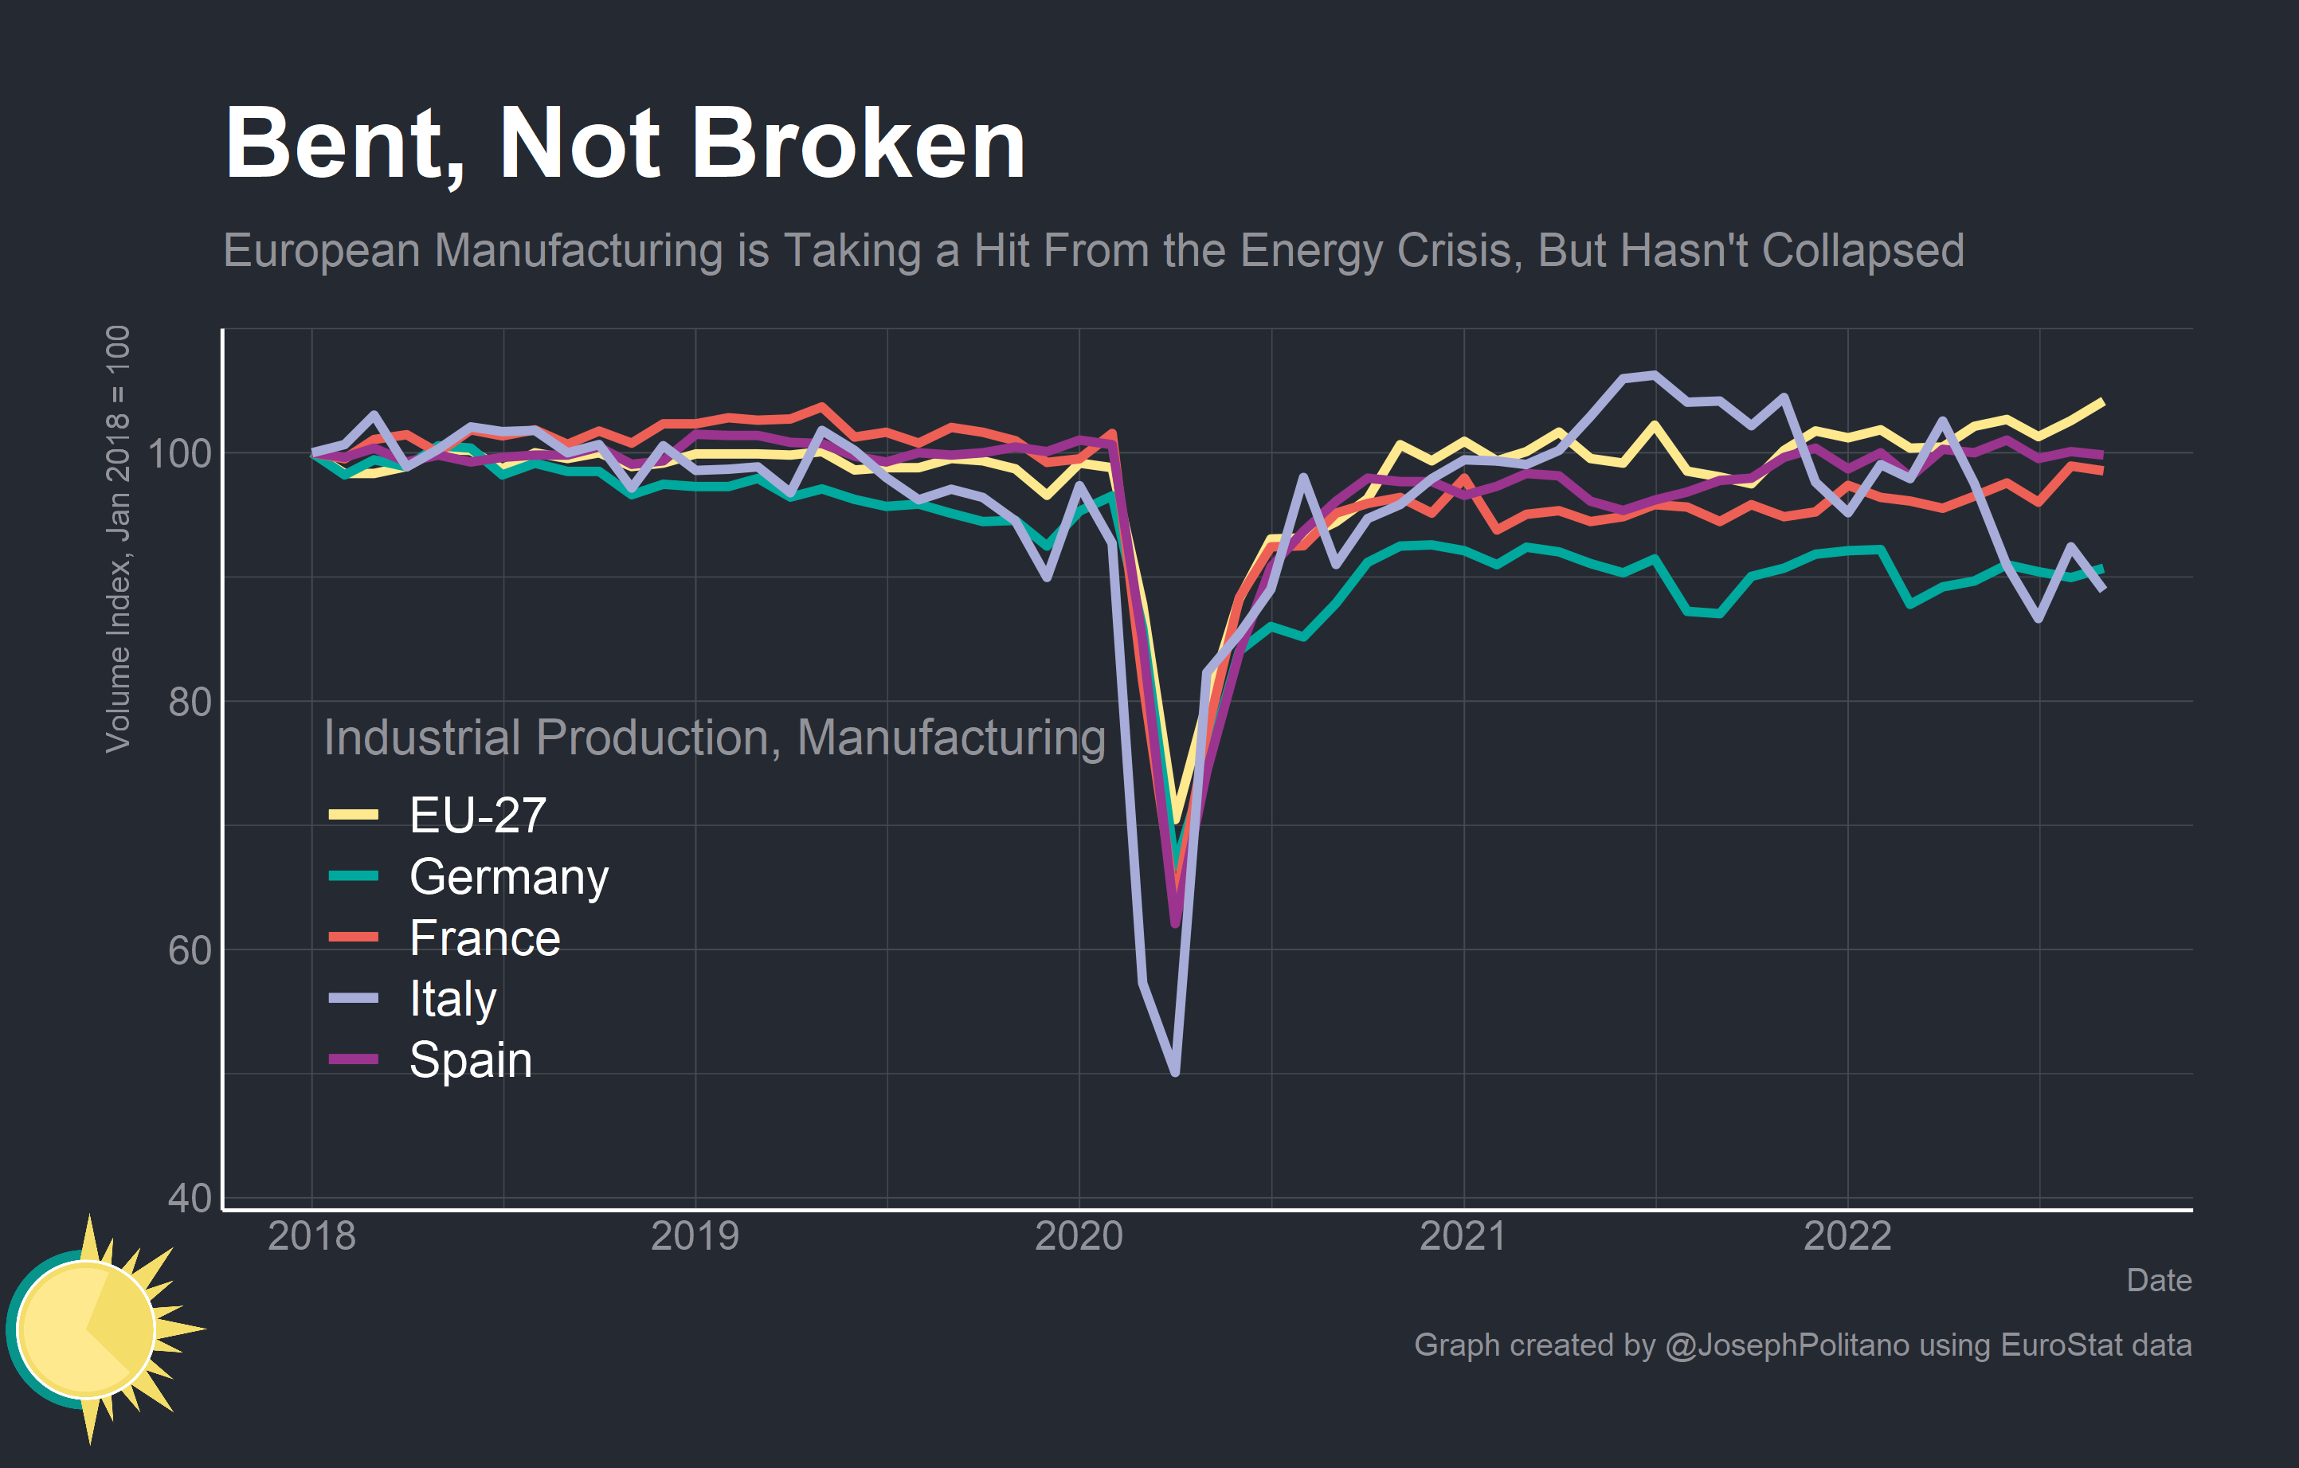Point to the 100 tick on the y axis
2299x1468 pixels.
coord(179,453)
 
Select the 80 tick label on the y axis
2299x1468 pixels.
coord(189,702)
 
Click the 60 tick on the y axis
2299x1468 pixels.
coord(189,951)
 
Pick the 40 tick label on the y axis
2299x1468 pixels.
coord(189,1198)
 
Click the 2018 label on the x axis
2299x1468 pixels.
coord(311,1236)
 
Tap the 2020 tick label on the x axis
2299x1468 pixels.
coord(1079,1236)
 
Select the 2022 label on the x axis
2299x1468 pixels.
coord(1847,1236)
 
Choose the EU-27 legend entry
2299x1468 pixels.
coord(476,815)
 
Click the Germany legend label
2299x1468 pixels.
coord(508,876)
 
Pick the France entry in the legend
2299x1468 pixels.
coord(484,938)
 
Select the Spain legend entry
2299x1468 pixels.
coord(470,1059)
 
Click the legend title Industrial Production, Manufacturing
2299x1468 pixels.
coord(714,738)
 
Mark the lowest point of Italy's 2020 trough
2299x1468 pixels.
coord(1174,1072)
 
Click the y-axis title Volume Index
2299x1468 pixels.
coord(117,539)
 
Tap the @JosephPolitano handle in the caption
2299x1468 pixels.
coord(1786,1345)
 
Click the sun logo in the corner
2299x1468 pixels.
coord(96,1329)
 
